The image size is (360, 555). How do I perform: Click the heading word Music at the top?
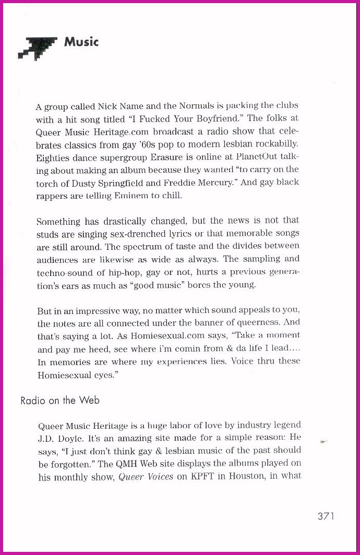[x=81, y=42]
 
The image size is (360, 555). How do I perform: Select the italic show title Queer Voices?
[x=146, y=477]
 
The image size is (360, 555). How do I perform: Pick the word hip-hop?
[x=139, y=272]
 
